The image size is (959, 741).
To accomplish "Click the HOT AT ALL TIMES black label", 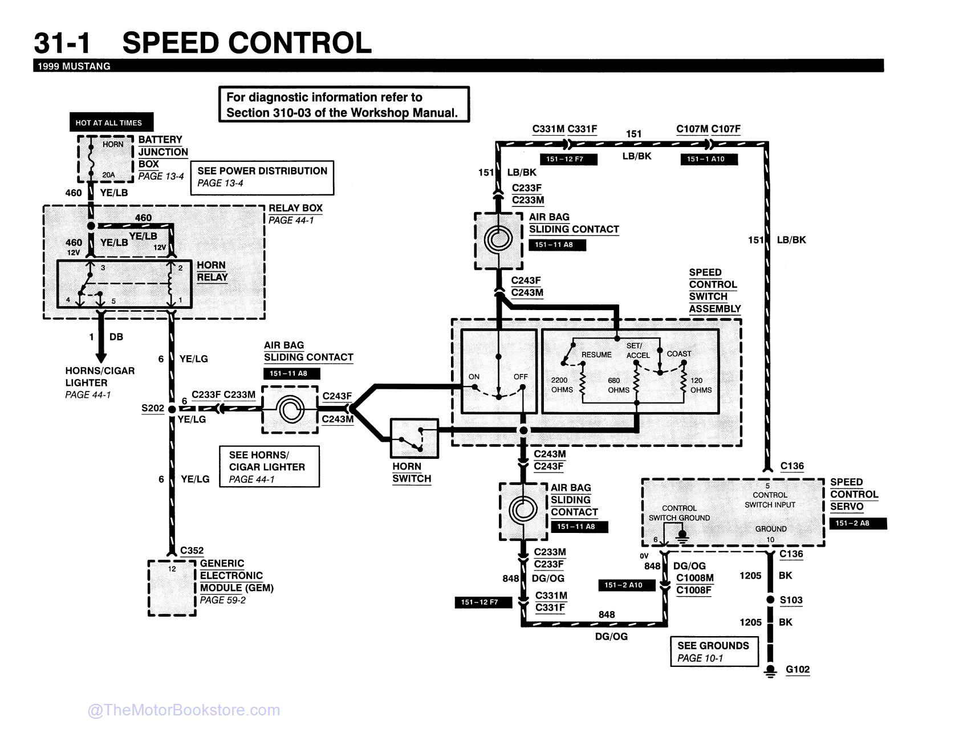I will pyautogui.click(x=109, y=123).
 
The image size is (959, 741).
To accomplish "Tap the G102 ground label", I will pyautogui.click(x=797, y=670).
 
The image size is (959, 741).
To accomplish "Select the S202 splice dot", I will pyautogui.click(x=172, y=409).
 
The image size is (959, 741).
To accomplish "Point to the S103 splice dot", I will pyautogui.click(x=770, y=600).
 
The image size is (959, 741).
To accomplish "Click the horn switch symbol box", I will pyautogui.click(x=415, y=438).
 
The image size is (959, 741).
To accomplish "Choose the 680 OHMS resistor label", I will pyautogui.click(x=619, y=385).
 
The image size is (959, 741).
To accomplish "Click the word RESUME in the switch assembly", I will pyautogui.click(x=596, y=355).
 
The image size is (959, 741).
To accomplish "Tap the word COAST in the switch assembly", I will pyautogui.click(x=678, y=354).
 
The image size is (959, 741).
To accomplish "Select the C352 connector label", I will pyautogui.click(x=192, y=551).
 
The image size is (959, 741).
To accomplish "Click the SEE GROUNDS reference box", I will pyautogui.click(x=713, y=652).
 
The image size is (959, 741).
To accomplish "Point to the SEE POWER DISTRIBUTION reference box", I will pyautogui.click(x=262, y=177).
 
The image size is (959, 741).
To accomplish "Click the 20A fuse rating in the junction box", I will pyautogui.click(x=108, y=174).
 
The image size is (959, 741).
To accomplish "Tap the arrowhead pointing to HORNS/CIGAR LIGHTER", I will pyautogui.click(x=101, y=357).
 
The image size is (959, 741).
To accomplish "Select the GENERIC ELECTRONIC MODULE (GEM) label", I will pyautogui.click(x=236, y=576).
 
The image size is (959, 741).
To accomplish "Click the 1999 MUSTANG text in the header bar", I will pyautogui.click(x=74, y=66).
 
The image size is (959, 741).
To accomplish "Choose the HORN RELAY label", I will pyautogui.click(x=212, y=271).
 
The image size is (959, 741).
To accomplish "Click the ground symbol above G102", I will pyautogui.click(x=770, y=670).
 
